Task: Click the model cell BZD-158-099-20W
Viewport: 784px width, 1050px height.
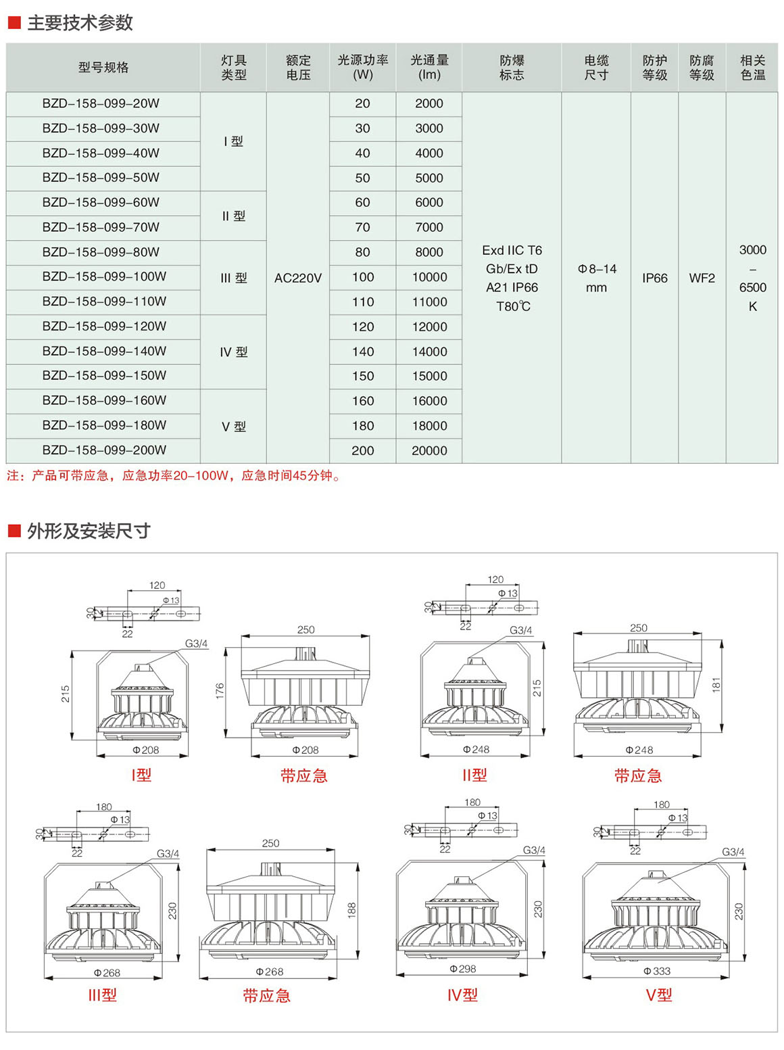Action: pyautogui.click(x=101, y=104)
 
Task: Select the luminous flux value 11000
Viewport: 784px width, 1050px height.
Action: pyautogui.click(x=429, y=302)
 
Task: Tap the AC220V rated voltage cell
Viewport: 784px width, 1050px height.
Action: pyautogui.click(x=298, y=278)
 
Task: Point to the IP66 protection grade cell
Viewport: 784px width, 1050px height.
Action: pyautogui.click(x=654, y=278)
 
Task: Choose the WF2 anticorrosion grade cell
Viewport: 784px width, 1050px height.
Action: pyautogui.click(x=702, y=278)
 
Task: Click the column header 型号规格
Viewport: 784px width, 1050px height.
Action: pyautogui.click(x=103, y=68)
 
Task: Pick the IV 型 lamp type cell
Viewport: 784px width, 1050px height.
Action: pyautogui.click(x=234, y=352)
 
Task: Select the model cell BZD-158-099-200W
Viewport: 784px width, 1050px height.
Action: pyautogui.click(x=104, y=450)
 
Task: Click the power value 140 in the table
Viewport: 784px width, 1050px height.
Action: pyautogui.click(x=363, y=352)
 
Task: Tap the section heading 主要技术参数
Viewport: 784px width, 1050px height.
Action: pyautogui.click(x=80, y=23)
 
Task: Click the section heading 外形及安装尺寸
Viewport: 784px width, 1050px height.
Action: pyautogui.click(x=89, y=531)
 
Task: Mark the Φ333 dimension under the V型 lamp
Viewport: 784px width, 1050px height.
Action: pyautogui.click(x=657, y=971)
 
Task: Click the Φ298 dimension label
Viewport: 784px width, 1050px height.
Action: pyautogui.click(x=463, y=969)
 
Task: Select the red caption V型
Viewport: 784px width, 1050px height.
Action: pyautogui.click(x=659, y=995)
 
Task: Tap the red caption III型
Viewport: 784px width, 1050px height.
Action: pyautogui.click(x=103, y=995)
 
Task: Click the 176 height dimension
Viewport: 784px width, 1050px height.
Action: pyautogui.click(x=220, y=691)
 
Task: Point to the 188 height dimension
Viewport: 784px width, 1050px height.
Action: pyautogui.click(x=352, y=910)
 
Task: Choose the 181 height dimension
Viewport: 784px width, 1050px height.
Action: pyautogui.click(x=716, y=684)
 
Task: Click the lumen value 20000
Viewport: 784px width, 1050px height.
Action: pyautogui.click(x=429, y=451)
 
